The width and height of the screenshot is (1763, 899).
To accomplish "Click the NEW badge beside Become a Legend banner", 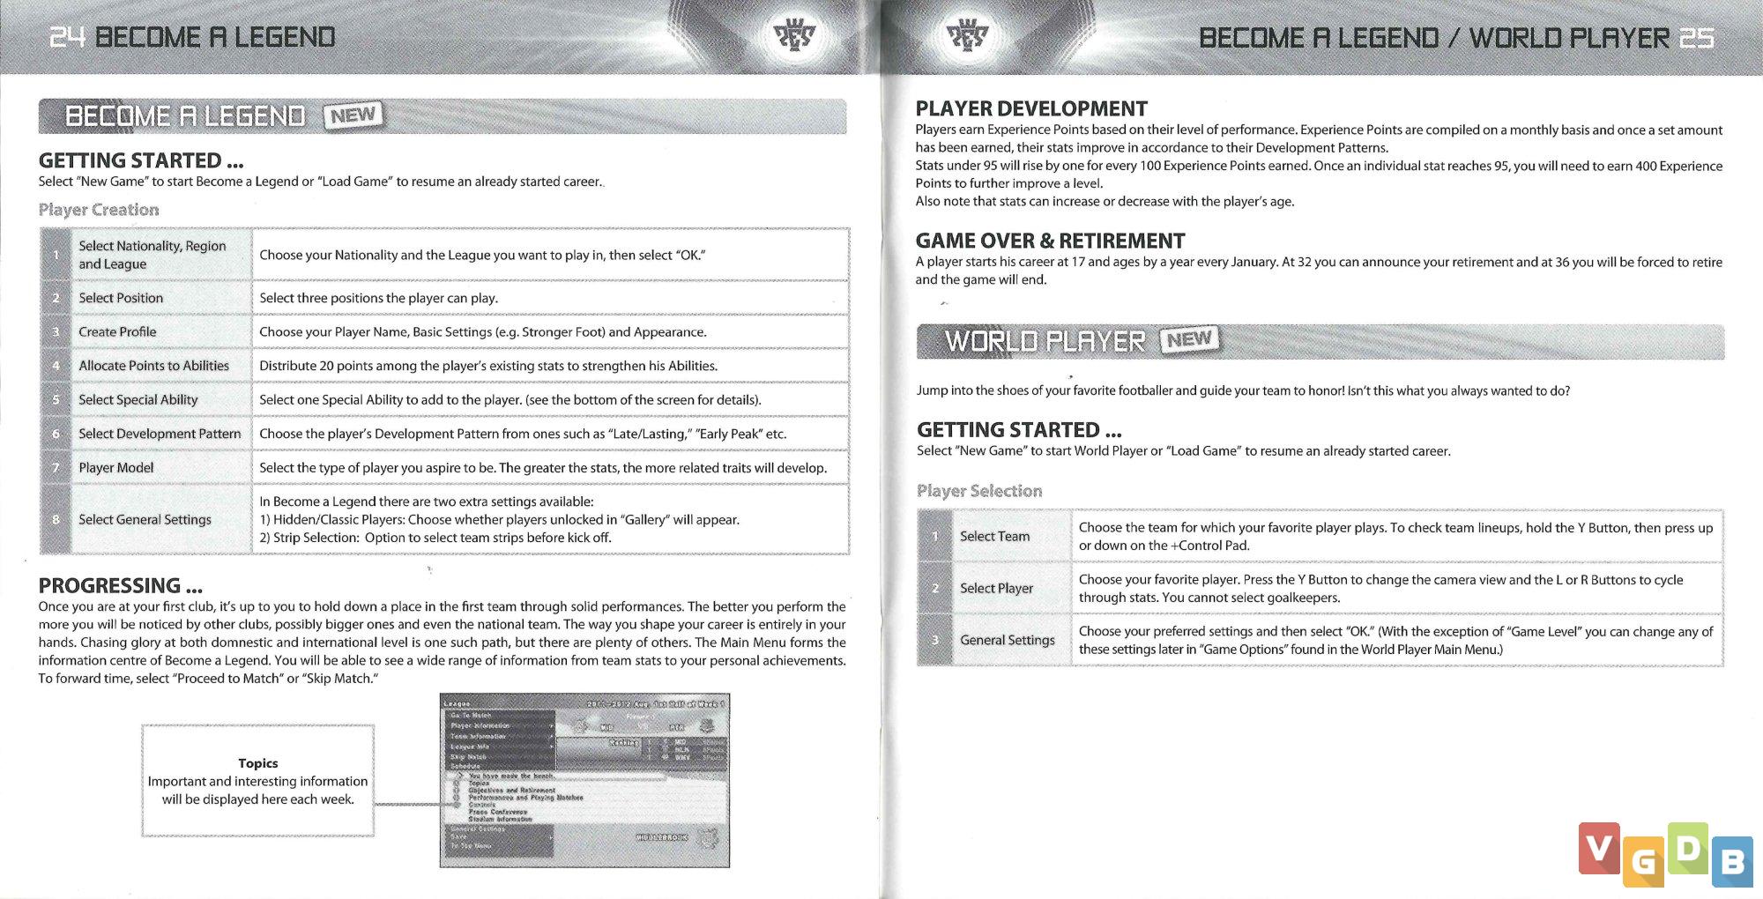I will (353, 115).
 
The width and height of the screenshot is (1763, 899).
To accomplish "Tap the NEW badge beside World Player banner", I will (1189, 339).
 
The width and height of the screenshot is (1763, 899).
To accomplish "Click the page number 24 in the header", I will (66, 37).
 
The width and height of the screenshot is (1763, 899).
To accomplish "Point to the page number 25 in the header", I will (1696, 38).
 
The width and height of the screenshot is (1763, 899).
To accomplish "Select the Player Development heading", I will (1030, 108).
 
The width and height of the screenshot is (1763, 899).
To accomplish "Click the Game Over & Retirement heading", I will (1049, 241).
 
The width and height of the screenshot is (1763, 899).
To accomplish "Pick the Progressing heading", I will (120, 585).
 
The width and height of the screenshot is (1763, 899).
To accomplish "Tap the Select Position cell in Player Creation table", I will (121, 298).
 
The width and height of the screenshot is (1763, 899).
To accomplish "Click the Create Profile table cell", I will (117, 331).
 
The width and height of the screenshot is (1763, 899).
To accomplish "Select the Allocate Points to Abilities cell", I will (153, 366).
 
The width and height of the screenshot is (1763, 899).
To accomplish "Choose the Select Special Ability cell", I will (138, 399).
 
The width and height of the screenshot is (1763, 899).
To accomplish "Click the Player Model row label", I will (115, 467).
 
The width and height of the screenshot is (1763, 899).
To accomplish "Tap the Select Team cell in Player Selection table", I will (994, 536).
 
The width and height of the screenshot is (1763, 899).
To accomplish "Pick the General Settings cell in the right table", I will (1007, 640).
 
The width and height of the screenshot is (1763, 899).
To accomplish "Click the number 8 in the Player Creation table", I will (56, 519).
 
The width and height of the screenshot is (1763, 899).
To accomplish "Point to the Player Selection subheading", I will (978, 491).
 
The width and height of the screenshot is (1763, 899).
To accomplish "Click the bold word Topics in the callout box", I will (257, 763).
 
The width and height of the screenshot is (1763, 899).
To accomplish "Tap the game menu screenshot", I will (584, 780).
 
